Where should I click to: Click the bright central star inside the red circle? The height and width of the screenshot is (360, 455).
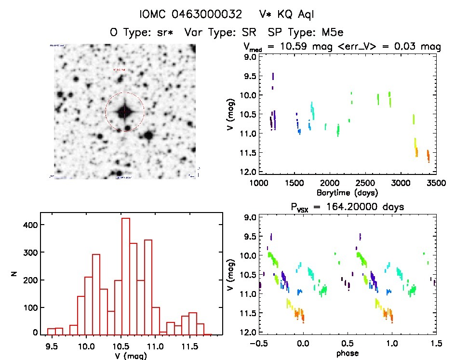[124, 112]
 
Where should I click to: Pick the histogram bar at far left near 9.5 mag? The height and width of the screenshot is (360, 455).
[51, 331]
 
